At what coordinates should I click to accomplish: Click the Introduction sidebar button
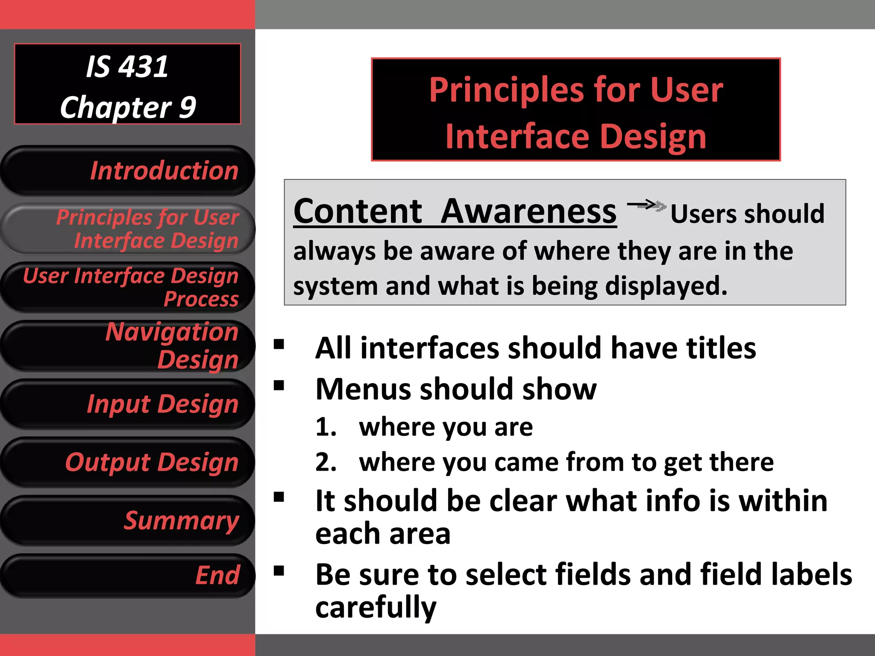128,171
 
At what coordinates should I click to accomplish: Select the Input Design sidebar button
128,404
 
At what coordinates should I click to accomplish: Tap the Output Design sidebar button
128,462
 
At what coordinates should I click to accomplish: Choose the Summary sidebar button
128,521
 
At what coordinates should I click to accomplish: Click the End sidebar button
128,575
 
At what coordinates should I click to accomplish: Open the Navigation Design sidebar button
128,346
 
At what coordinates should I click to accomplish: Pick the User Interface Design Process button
128,287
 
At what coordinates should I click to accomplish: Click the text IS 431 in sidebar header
127,67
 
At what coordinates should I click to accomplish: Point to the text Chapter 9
128,107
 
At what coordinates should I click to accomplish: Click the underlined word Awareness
529,211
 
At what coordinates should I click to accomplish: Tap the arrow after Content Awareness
646,205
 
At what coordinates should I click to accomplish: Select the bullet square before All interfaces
279,344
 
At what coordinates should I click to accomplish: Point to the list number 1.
326,427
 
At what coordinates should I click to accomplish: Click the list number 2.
326,462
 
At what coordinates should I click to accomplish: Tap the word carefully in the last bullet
376,607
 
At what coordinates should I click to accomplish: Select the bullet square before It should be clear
279,497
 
